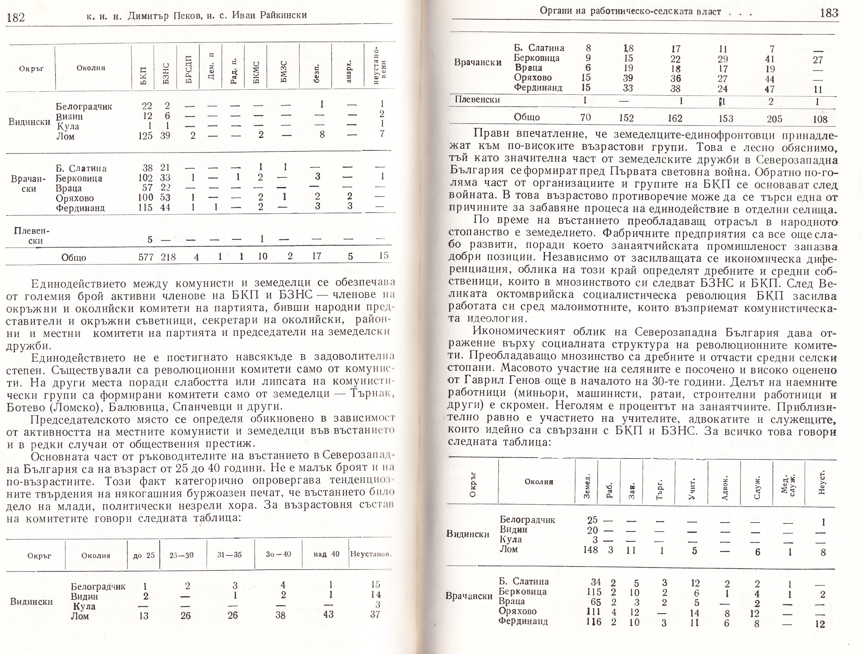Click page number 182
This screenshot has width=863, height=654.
(16, 17)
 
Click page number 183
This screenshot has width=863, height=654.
(829, 13)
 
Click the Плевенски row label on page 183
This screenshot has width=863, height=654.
(477, 100)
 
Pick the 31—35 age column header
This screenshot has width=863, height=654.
(229, 555)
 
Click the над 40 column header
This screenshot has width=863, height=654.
(326, 554)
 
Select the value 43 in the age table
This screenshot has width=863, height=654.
(329, 614)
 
